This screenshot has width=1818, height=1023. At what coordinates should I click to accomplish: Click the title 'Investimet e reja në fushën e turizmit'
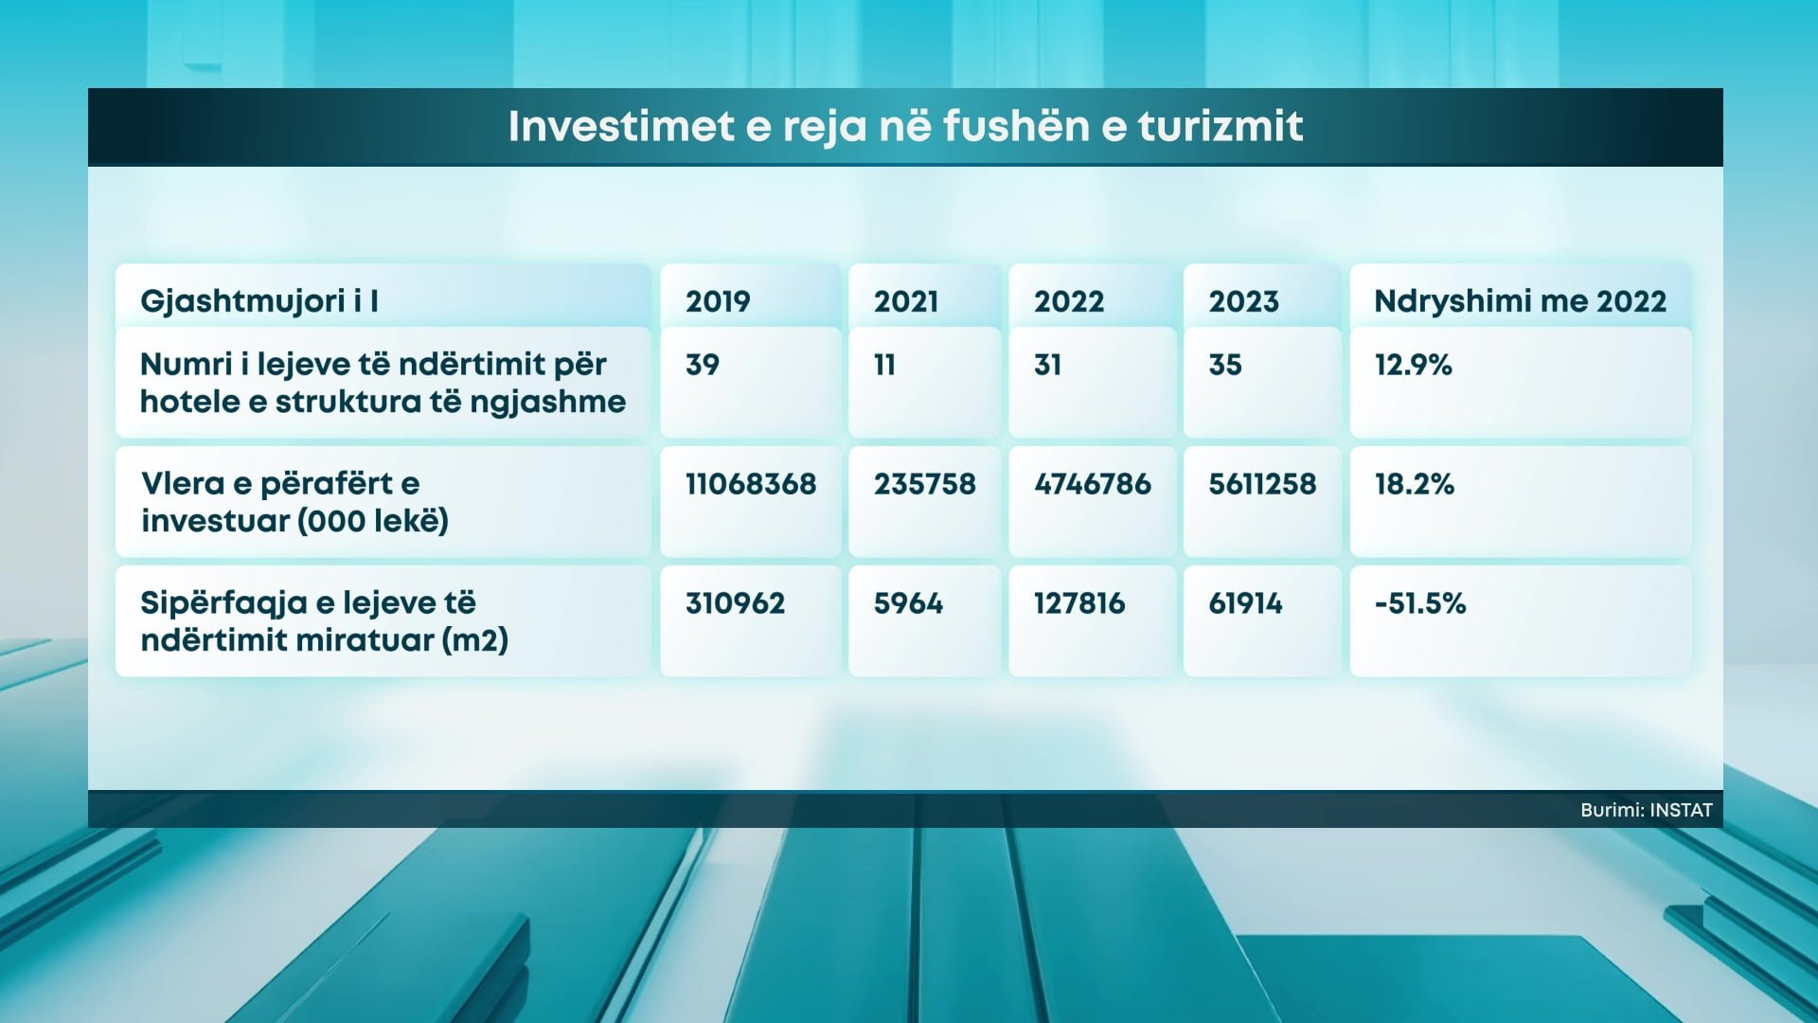pos(905,127)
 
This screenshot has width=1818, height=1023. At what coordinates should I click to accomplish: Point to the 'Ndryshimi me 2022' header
pos(1520,301)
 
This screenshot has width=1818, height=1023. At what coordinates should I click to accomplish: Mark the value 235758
pos(924,484)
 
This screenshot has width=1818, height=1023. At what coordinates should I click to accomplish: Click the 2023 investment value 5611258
pos(1262,484)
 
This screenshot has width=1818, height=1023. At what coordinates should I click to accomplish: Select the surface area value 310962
pos(735,603)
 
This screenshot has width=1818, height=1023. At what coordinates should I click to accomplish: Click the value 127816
pos(1079,603)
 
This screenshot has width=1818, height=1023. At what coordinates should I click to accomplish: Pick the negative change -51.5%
pos(1420,603)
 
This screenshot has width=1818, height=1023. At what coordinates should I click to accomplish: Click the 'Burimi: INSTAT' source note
pos(1647,810)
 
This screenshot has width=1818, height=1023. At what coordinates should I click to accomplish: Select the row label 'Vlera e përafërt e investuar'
pos(294,502)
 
